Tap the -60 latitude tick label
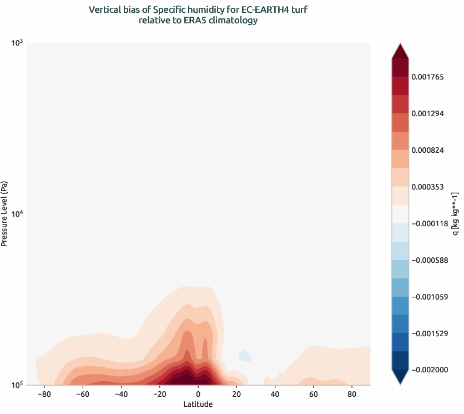[82, 395]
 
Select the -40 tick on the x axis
[120, 395]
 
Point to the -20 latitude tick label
[159, 395]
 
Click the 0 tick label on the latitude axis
[198, 395]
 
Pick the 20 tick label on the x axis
[236, 395]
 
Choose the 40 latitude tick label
[274, 395]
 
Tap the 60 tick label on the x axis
[313, 395]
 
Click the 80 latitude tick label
[351, 395]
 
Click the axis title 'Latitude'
[198, 405]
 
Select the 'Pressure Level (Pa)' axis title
[5, 213]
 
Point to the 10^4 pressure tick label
[16, 213]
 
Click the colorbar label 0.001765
[427, 77]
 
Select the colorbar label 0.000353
[427, 187]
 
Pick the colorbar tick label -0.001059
[429, 297]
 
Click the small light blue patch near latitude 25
[244, 356]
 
